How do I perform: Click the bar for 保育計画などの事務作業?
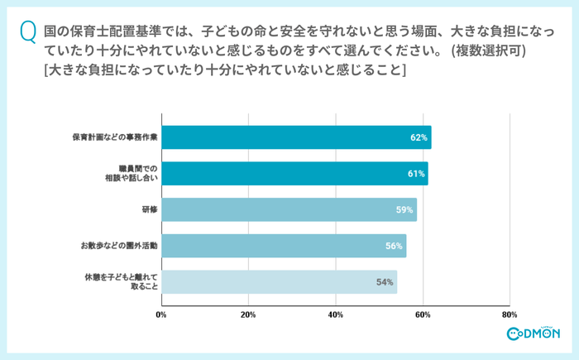(296, 137)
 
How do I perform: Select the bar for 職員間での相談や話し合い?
(294, 174)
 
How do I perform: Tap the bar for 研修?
(289, 209)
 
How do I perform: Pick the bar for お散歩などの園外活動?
(284, 246)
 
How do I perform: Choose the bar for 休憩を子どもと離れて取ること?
(279, 282)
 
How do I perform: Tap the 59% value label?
(404, 210)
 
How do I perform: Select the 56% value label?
(394, 246)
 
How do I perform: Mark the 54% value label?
(385, 282)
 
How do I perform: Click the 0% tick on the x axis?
(161, 315)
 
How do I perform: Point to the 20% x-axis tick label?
(248, 315)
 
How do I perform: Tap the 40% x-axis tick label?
(335, 315)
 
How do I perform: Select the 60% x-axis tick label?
(423, 315)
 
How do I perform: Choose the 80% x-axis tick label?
(510, 315)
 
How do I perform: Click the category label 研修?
(149, 210)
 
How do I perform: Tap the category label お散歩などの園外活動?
(118, 246)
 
